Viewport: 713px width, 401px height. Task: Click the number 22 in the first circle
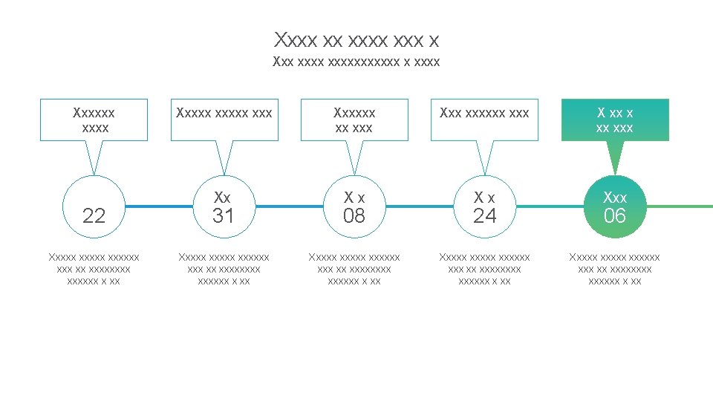tap(94, 216)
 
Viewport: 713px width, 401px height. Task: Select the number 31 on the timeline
tap(224, 216)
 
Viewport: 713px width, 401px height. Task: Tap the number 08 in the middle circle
tap(354, 216)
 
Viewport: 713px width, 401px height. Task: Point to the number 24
tap(484, 216)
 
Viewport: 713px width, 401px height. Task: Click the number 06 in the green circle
tap(615, 216)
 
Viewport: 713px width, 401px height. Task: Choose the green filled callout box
tap(615, 120)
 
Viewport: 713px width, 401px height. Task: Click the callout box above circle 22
tap(94, 120)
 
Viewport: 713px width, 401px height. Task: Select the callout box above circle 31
tap(224, 120)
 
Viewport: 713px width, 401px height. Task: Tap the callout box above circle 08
tap(354, 120)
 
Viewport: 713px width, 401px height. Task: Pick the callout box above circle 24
tap(484, 120)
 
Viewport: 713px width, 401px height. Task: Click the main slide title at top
tap(356, 39)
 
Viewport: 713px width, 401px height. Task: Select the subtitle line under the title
tap(356, 62)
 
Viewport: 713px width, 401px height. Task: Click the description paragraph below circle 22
tap(94, 269)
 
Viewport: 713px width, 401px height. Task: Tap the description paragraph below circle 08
tap(354, 269)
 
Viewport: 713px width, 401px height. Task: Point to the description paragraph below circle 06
tap(615, 269)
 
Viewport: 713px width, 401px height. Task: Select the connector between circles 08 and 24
tap(420, 206)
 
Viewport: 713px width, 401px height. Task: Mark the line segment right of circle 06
tap(680, 206)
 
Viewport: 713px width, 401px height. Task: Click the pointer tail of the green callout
tap(615, 157)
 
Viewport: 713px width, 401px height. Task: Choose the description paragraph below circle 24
tap(484, 269)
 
